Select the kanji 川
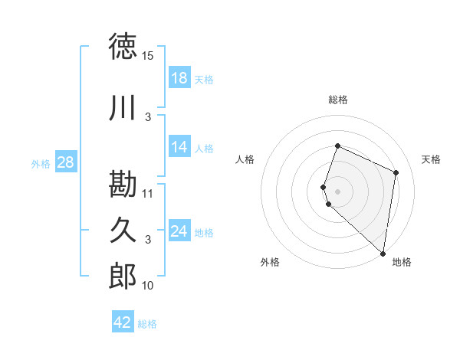pos(123,108)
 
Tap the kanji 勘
pos(123,185)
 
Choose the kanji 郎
pos(123,277)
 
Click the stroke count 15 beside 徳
pos(148,56)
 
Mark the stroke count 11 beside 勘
pos(148,194)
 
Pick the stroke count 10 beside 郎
pos(148,286)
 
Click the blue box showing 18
pos(179,78)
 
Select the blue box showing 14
pos(179,147)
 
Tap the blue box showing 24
pos(179,231)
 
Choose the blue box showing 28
pos(65,162)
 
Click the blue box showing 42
pos(123,322)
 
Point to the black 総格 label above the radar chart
pos(338,100)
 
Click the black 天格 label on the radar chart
pos(432,159)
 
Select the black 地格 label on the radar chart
pos(402,262)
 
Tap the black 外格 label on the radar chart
pos(270,262)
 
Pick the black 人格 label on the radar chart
pos(245,159)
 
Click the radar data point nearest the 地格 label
pos(383,254)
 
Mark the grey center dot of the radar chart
pos(338,190)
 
